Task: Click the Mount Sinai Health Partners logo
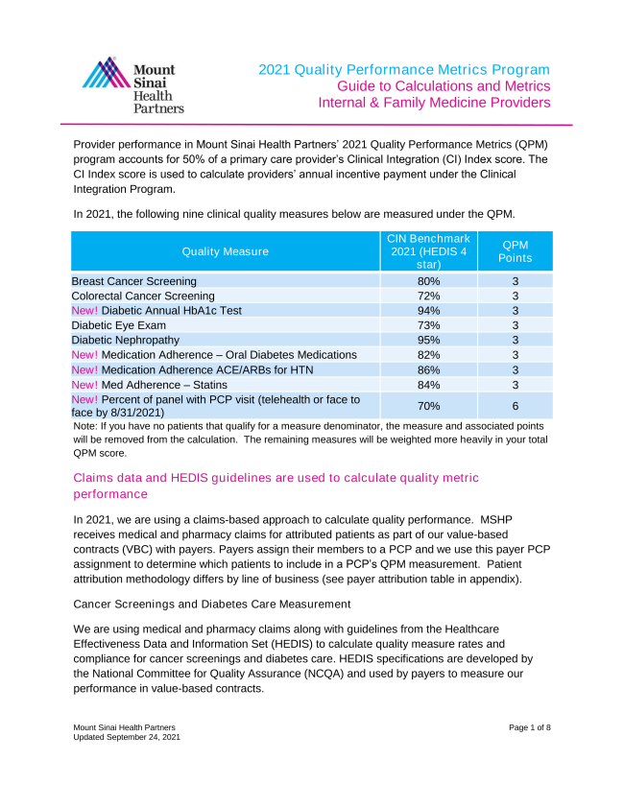(x=128, y=84)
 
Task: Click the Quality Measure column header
(x=228, y=251)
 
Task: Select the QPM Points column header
(x=515, y=251)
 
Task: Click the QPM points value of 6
(x=515, y=406)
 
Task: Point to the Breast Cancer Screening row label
(x=134, y=281)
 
